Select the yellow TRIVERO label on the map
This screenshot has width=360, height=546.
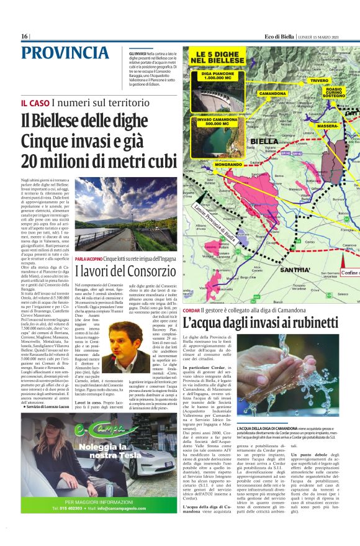pos(320,80)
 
